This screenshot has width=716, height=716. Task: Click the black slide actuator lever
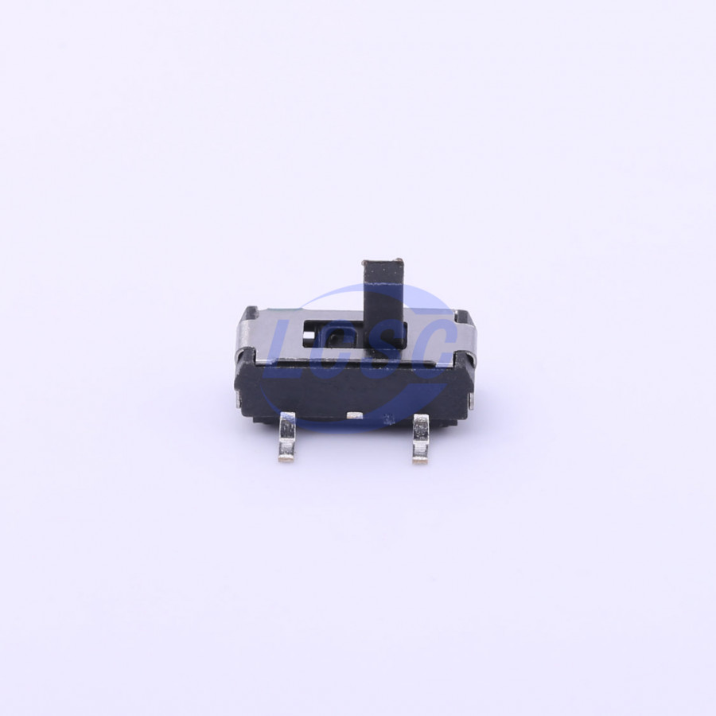point(383,301)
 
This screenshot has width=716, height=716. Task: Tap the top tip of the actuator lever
point(382,261)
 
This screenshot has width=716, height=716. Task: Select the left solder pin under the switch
point(286,436)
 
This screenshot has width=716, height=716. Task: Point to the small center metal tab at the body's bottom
point(354,414)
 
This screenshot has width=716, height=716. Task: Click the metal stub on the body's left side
point(237,401)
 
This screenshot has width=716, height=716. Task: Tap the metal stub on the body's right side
point(472,400)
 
